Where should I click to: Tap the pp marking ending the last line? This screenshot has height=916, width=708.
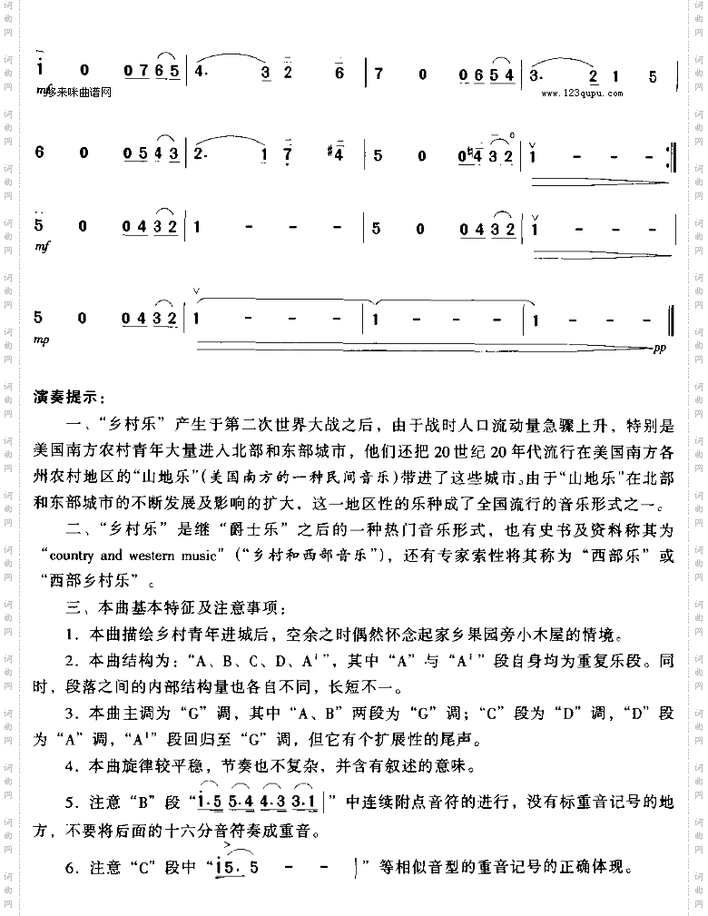pyautogui.click(x=660, y=348)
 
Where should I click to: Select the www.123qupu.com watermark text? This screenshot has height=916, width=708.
pyautogui.click(x=581, y=93)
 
